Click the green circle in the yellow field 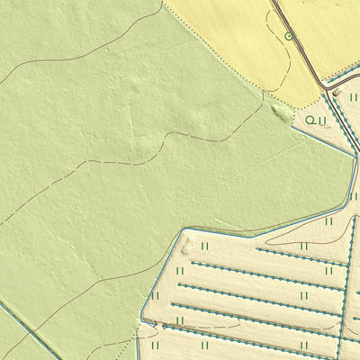(x=289, y=36)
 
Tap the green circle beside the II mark (x=310, y=119)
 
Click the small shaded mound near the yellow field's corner (x=280, y=112)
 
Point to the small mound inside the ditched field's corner (x=186, y=243)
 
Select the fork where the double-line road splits (x=325, y=86)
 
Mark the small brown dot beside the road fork (x=336, y=92)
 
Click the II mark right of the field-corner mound (x=205, y=245)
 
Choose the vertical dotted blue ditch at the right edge (x=346, y=270)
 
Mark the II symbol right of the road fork (x=353, y=96)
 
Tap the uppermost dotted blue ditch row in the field (x=297, y=253)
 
